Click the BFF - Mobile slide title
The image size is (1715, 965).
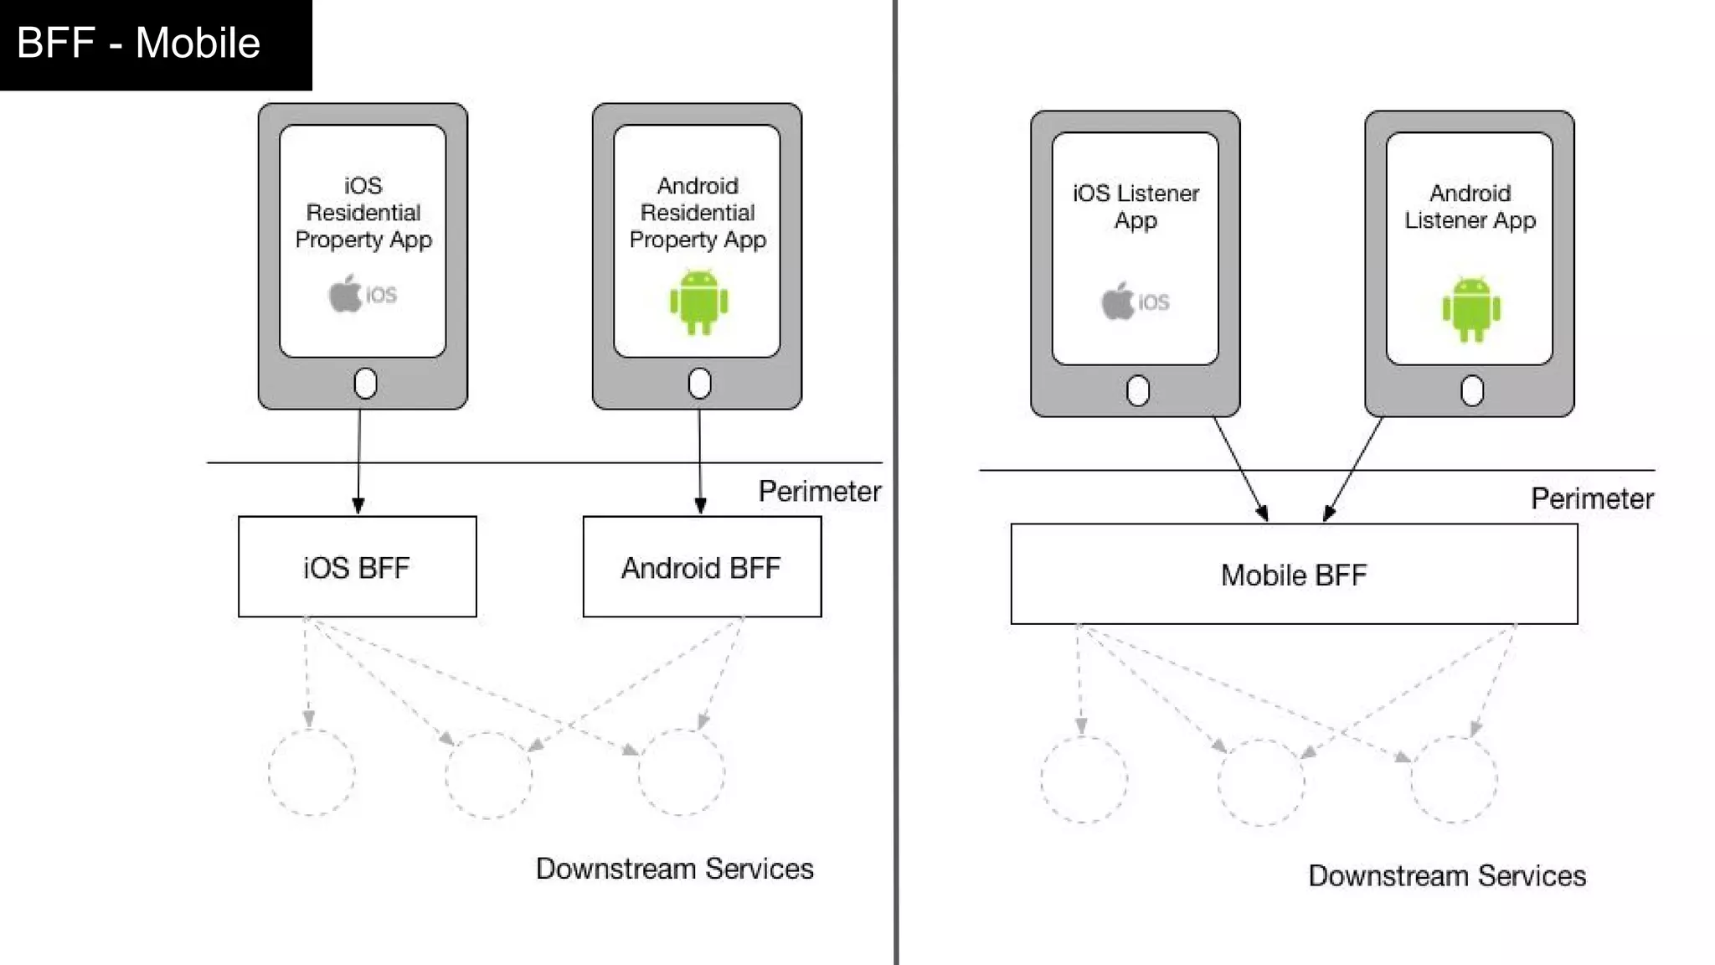(x=138, y=43)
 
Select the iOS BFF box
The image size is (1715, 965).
(x=357, y=567)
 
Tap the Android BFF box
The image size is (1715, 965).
(x=702, y=567)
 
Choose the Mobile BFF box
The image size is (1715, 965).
(x=1294, y=575)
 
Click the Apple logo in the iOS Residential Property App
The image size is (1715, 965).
(x=344, y=294)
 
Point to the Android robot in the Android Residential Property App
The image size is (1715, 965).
(x=698, y=302)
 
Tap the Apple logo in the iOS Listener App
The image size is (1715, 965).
(x=1117, y=302)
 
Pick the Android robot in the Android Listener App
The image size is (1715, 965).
(x=1471, y=309)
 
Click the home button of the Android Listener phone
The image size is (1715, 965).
(x=1471, y=390)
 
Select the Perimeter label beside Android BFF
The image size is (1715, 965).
(x=819, y=491)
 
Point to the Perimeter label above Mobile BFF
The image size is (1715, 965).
(x=1592, y=498)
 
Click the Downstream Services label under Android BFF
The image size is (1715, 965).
(x=674, y=869)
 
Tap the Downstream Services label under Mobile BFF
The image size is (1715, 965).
(x=1447, y=875)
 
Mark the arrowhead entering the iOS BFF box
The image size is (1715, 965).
(x=358, y=506)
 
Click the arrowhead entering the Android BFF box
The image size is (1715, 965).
(x=701, y=506)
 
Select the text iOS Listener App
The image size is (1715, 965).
(x=1136, y=206)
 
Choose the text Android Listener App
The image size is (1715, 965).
(x=1470, y=206)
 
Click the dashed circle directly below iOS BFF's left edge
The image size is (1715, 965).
(x=312, y=772)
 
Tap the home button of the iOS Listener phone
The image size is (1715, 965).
(x=1137, y=390)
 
